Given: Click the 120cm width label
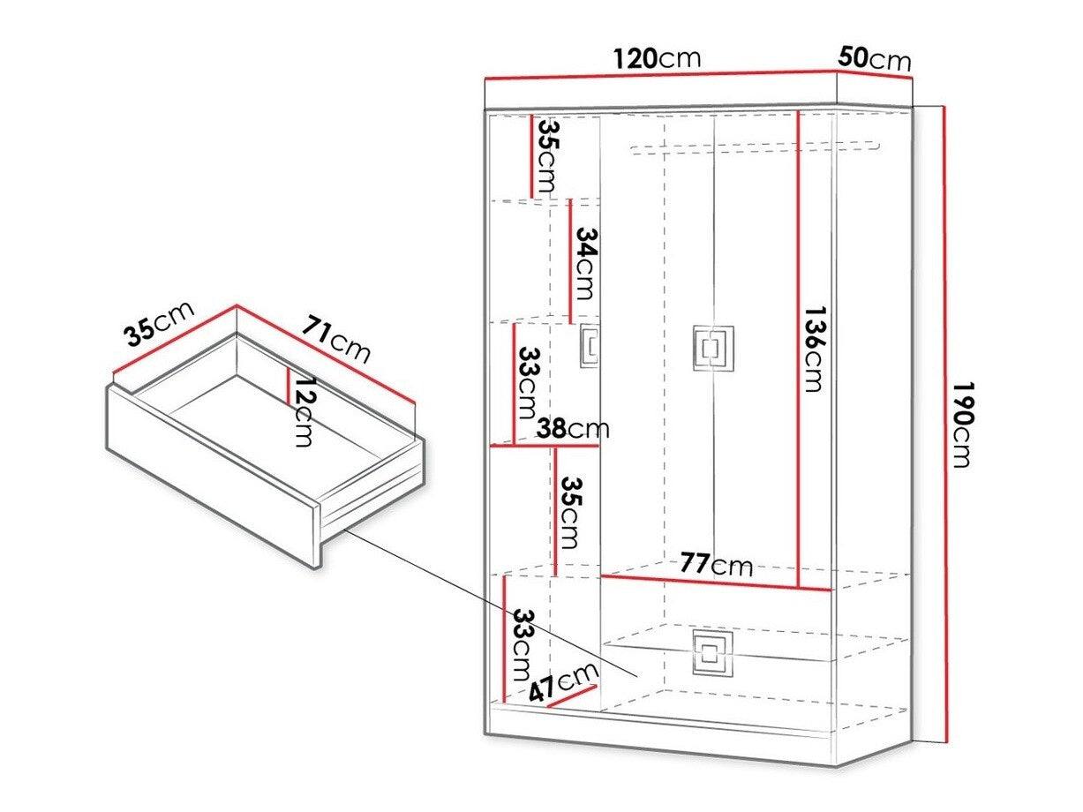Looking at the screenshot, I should click(658, 58).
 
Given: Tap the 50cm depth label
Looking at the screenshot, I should click(874, 58).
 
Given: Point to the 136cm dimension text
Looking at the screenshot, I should click(813, 349).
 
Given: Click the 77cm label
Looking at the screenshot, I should click(716, 564).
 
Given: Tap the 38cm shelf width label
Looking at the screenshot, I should click(573, 429).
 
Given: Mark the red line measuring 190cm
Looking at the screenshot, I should click(944, 424).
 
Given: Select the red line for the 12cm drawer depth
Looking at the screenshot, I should click(288, 385).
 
